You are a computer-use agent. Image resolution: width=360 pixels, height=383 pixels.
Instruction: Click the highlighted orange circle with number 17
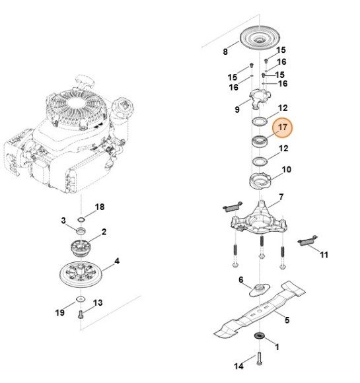(x=283, y=127)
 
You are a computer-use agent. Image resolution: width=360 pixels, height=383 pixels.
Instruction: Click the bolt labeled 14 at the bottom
(x=258, y=359)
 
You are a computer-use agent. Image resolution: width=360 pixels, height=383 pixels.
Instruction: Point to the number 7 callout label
(x=281, y=197)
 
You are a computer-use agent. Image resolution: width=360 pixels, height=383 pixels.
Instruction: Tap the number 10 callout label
(x=287, y=170)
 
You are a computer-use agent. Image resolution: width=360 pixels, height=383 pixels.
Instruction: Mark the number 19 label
(x=59, y=312)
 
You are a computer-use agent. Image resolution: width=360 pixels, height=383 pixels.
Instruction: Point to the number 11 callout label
(x=323, y=254)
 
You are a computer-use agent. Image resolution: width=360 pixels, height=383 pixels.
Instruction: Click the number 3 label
(x=63, y=220)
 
